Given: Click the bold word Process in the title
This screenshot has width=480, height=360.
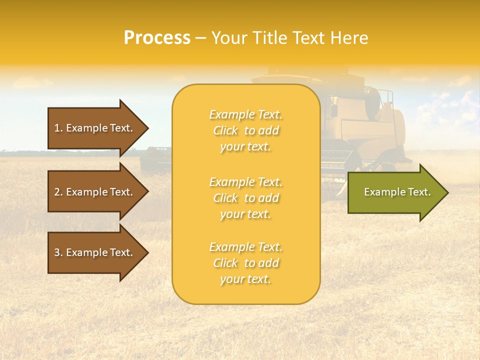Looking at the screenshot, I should click(x=157, y=38).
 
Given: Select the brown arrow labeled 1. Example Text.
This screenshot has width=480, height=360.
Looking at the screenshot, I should click(x=95, y=128).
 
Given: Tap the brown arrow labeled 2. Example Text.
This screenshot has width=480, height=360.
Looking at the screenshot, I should click(x=95, y=192).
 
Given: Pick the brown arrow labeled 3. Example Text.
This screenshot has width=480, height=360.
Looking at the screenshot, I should click(x=95, y=252).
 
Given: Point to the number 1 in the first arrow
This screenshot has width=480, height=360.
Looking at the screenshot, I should click(x=57, y=128).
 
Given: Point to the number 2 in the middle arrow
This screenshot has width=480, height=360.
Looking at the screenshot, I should click(x=57, y=192).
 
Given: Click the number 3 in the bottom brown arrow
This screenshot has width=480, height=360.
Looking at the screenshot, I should click(x=57, y=252).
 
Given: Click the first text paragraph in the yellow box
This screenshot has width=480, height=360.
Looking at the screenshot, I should click(x=245, y=130).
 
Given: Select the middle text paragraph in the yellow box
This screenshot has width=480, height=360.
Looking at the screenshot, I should click(x=245, y=198).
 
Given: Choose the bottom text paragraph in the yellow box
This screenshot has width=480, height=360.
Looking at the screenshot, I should click(x=245, y=263).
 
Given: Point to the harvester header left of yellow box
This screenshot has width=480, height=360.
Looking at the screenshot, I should click(x=155, y=159).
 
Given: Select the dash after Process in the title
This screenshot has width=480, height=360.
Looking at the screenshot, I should click(x=200, y=38).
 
